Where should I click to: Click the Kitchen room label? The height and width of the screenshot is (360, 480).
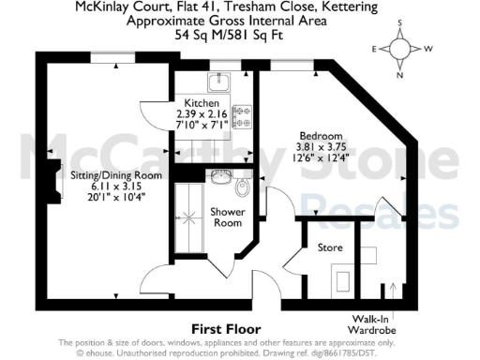coord(202,102)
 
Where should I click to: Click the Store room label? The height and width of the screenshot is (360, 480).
coord(329,247)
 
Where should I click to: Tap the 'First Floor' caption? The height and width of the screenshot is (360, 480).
coord(225,329)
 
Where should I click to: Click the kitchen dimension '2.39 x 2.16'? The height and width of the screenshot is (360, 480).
coord(202,112)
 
